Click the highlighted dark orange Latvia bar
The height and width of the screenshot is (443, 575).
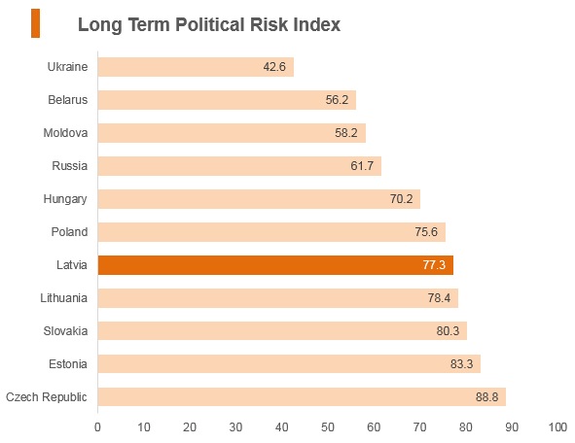275,265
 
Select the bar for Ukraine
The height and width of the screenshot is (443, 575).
196,67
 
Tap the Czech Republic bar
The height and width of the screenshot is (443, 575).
302,397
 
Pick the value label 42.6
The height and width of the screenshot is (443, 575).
274,67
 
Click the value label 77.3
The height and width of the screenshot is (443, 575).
434,264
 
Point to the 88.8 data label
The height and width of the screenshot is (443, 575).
486,397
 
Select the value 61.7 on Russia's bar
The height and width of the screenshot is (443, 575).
362,166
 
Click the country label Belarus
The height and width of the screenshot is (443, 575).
68,100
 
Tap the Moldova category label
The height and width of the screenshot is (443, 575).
65,132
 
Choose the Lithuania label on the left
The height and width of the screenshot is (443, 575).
64,298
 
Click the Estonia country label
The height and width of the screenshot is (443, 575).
68,364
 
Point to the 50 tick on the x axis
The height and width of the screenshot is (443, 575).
328,426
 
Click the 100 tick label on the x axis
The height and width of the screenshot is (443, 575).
557,426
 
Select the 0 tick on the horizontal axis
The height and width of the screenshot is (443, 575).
97,426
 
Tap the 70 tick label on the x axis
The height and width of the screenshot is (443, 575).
419,426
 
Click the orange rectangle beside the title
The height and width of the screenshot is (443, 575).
35,23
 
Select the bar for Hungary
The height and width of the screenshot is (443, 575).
259,199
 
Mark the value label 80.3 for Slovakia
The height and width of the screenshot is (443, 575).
448,331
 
